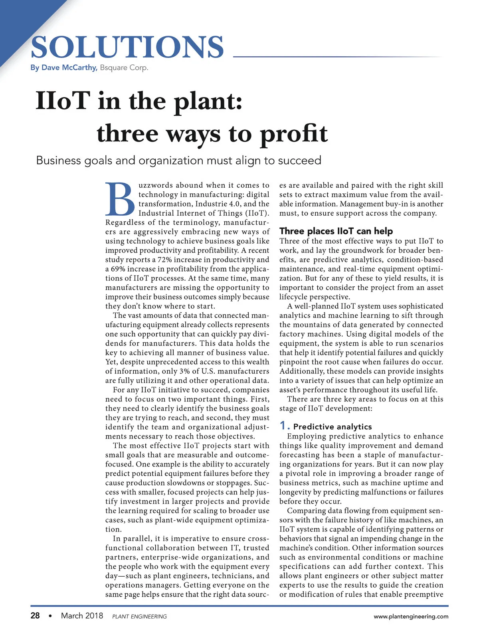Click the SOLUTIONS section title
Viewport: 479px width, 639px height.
pyautogui.click(x=127, y=48)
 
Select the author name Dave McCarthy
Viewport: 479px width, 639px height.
pyautogui.click(x=69, y=67)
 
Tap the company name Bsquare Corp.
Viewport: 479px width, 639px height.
pyautogui.click(x=124, y=67)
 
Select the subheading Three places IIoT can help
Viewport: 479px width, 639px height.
pyautogui.click(x=336, y=231)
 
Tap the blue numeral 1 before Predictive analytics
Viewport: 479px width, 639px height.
pyautogui.click(x=283, y=426)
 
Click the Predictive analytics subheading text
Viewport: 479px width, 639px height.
pyautogui.click(x=333, y=427)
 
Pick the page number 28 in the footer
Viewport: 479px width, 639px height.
pyautogui.click(x=35, y=616)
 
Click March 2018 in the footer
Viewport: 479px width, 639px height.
pyautogui.click(x=82, y=616)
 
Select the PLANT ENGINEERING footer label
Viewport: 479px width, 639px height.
pyautogui.click(x=140, y=617)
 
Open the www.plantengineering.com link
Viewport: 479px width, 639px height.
pyautogui.click(x=411, y=617)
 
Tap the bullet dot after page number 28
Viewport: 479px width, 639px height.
pyautogui.click(x=50, y=616)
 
